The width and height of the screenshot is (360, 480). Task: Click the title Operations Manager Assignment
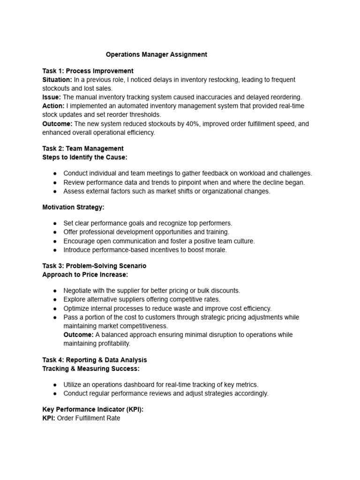click(156, 54)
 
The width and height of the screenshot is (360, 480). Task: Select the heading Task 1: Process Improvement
click(88, 71)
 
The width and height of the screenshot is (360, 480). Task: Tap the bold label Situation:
click(57, 80)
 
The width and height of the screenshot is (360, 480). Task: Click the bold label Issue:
click(52, 97)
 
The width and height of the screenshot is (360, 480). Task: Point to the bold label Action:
click(53, 106)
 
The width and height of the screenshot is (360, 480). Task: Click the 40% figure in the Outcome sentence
click(185, 124)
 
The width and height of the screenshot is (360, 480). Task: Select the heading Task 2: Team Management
click(83, 149)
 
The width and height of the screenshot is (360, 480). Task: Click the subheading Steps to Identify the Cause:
click(85, 157)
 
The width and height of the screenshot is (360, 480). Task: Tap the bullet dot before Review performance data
click(55, 182)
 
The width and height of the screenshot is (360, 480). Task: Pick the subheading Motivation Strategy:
click(73, 207)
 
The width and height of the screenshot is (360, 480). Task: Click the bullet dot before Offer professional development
click(55, 232)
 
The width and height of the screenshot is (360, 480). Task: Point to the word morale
click(215, 250)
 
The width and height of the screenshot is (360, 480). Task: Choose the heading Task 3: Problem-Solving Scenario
click(94, 266)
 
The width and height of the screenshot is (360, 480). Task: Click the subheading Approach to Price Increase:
click(85, 274)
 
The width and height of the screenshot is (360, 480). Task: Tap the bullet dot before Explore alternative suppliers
click(55, 300)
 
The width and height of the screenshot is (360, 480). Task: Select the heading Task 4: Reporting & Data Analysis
click(94, 360)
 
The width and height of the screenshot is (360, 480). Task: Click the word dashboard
click(151, 384)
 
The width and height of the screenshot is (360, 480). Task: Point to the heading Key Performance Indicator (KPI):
click(93, 409)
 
